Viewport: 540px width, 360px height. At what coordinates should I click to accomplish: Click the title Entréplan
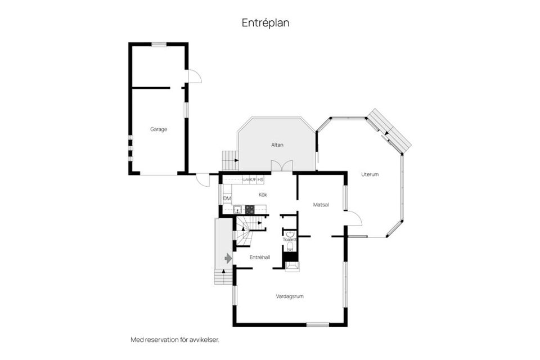pyautogui.click(x=265, y=23)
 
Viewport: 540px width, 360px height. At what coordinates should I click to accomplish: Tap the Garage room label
pyautogui.click(x=158, y=129)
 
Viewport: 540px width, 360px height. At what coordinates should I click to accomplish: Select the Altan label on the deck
pyautogui.click(x=277, y=145)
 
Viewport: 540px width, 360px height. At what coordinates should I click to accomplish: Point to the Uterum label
pyautogui.click(x=370, y=174)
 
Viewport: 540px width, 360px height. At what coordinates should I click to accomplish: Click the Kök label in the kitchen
pyautogui.click(x=263, y=195)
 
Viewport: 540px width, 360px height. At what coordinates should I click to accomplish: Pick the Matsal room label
pyautogui.click(x=321, y=205)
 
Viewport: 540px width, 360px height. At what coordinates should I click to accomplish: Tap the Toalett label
pyautogui.click(x=290, y=239)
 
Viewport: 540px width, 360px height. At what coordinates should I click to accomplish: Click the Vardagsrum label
pyautogui.click(x=290, y=296)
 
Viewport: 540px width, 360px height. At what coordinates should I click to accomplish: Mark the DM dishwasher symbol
pyautogui.click(x=227, y=199)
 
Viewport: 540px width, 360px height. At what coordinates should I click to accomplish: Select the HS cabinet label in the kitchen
pyautogui.click(x=261, y=179)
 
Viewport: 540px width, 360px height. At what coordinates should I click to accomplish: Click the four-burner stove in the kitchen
pyautogui.click(x=249, y=209)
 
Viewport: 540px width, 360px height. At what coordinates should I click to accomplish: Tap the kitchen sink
pyautogui.click(x=237, y=210)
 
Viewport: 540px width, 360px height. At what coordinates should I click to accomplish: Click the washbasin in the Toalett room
pyautogui.click(x=290, y=233)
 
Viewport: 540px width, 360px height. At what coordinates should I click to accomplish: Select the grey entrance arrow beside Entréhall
pyautogui.click(x=228, y=258)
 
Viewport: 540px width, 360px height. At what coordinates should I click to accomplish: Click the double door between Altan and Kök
pyautogui.click(x=282, y=166)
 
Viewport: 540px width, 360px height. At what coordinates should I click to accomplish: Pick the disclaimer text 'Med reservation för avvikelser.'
pyautogui.click(x=175, y=340)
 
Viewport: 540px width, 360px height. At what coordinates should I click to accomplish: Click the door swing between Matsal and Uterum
pyautogui.click(x=354, y=219)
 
